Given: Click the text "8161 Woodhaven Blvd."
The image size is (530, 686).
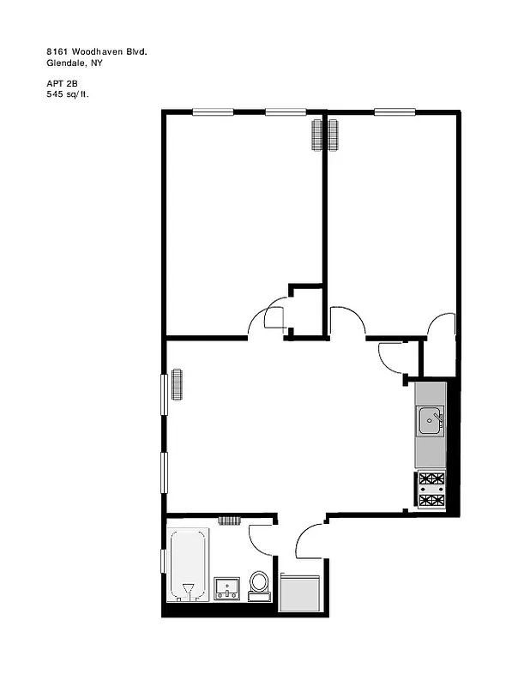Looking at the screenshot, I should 97,52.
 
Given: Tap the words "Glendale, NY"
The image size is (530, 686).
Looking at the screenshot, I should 75,63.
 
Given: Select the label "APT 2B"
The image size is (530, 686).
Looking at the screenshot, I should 62,83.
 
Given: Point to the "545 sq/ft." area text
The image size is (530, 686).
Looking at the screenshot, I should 69,93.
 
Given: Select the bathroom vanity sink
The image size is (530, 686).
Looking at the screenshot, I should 226,588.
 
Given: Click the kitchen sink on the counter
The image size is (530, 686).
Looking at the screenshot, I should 431,420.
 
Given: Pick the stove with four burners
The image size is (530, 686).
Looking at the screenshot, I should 431,490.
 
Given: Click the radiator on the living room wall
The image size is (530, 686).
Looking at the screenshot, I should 177,383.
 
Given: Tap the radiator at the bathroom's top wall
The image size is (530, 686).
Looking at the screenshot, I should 229,520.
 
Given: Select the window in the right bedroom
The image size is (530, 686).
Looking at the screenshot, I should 394,111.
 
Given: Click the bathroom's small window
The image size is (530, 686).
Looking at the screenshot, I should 163,561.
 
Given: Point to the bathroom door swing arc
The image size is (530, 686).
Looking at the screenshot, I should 259,539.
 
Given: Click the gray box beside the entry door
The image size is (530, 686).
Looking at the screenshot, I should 301,592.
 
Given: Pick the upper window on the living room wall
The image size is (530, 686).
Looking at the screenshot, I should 164,395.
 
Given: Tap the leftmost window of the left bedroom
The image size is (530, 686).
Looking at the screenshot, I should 213,111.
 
